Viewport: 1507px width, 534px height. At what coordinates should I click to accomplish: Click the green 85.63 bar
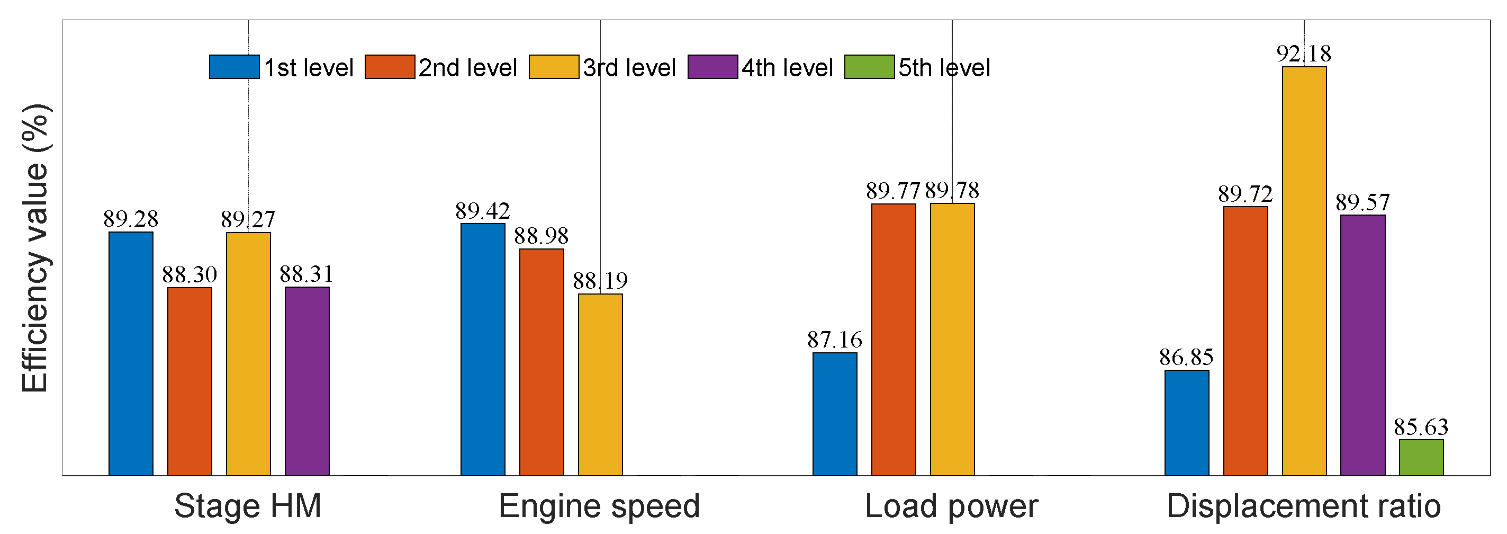point(1421,457)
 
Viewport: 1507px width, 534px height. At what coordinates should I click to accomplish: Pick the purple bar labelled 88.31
point(307,380)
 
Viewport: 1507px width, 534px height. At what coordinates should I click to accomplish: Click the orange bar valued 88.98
point(542,362)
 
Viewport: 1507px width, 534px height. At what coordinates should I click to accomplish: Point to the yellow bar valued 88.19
point(600,384)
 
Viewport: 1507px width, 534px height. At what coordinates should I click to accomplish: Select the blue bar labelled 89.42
point(483,349)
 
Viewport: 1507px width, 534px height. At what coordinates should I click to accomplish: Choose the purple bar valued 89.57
point(1362,345)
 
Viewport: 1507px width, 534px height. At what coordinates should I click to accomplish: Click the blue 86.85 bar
point(1186,422)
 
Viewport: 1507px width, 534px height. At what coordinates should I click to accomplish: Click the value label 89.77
point(893,191)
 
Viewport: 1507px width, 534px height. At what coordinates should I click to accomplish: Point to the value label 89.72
point(1245,194)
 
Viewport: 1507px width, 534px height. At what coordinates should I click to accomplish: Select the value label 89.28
point(130,219)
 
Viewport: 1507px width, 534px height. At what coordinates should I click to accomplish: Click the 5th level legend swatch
point(869,67)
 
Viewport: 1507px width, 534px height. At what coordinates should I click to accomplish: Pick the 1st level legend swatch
point(234,67)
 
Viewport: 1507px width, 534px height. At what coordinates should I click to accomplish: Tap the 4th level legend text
point(787,68)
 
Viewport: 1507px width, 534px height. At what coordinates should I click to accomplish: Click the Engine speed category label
point(599,506)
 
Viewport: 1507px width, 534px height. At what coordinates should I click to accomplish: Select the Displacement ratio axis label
point(1303,506)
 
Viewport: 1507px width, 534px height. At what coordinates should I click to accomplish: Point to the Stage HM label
point(248,506)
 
